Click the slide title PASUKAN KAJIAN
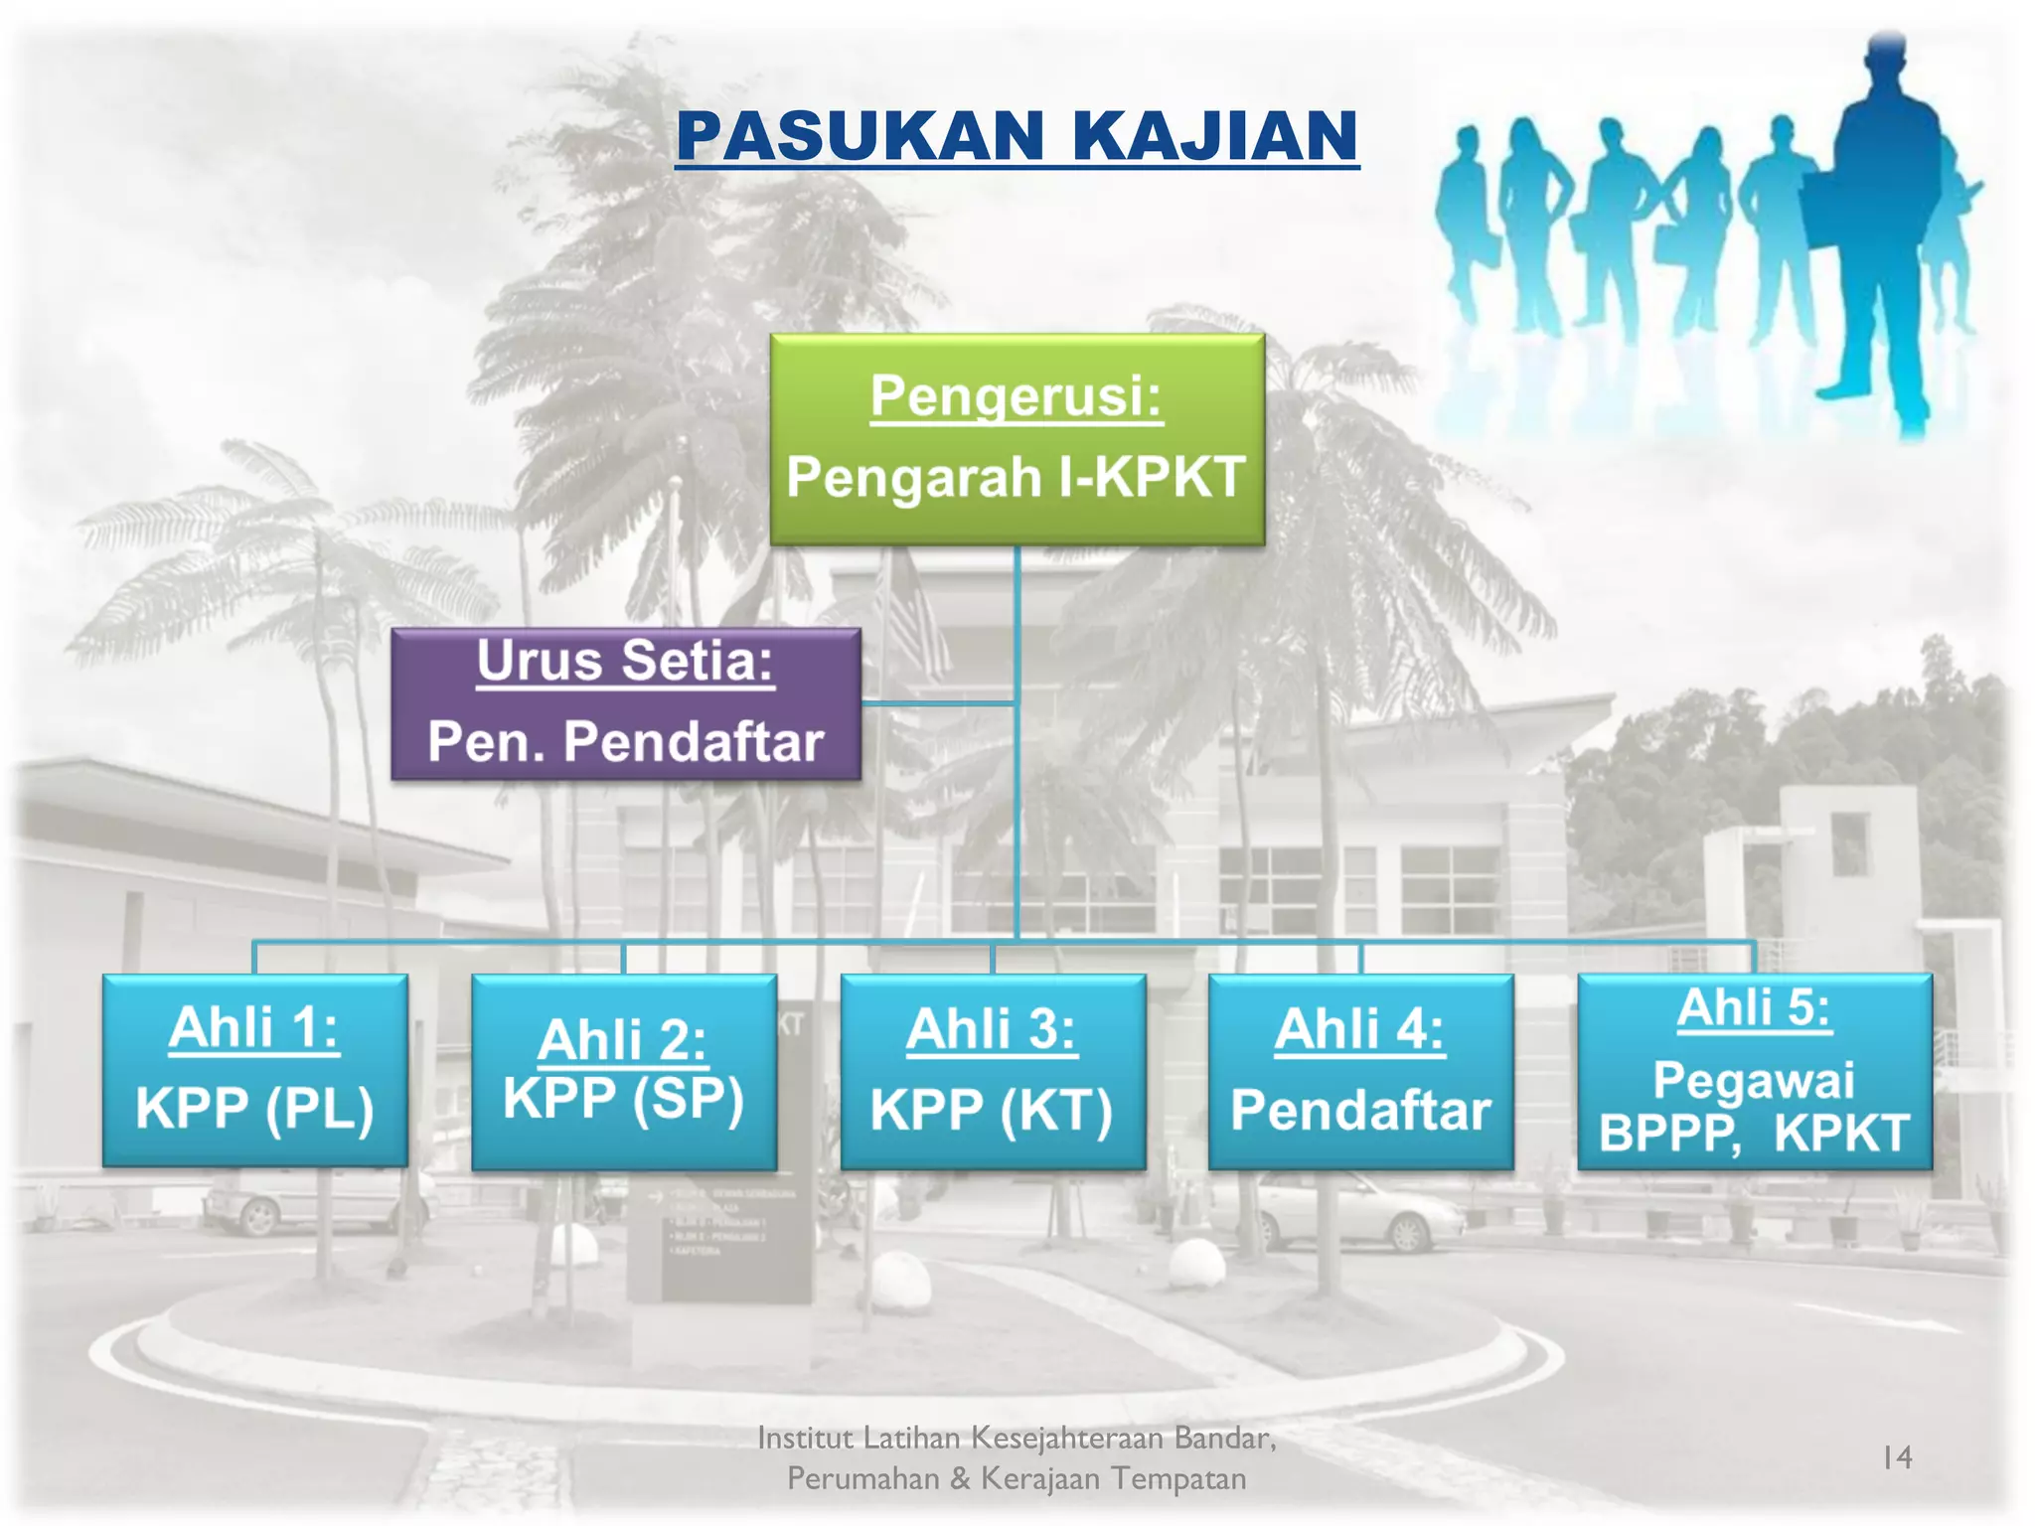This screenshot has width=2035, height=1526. coord(1017,136)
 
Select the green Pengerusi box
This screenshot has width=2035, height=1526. coord(1017,439)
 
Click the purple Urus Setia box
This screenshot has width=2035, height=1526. coord(626,703)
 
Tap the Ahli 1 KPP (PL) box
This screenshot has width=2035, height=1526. coord(254,1070)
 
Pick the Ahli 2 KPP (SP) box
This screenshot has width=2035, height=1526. coord(623,1071)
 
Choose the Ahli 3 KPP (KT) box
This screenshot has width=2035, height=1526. coord(992,1071)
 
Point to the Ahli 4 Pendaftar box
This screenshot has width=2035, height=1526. coord(1360,1071)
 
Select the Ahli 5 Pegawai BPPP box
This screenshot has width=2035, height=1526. coord(1754,1071)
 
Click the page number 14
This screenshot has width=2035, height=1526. coord(1897,1457)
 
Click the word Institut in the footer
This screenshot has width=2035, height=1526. coord(805,1438)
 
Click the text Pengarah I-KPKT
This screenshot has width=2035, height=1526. coord(1016,478)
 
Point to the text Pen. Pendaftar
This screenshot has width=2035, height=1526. coord(626,742)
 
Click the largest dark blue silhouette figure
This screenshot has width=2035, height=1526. coord(1881,229)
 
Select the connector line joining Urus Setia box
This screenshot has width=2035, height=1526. coord(938,703)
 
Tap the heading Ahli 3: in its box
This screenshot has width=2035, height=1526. coord(991,1029)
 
